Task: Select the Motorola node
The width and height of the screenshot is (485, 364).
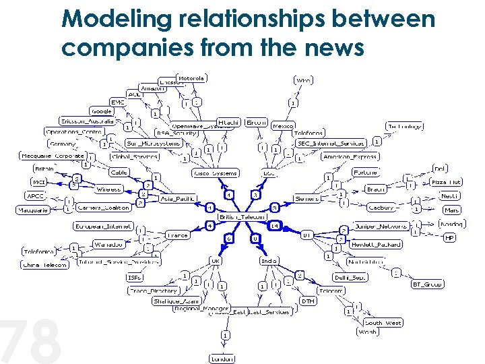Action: coord(191,78)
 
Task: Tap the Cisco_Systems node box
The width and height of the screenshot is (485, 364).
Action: coord(215,173)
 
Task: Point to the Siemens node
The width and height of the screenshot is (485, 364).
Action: coord(306,198)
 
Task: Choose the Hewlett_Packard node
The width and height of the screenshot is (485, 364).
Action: coord(376,244)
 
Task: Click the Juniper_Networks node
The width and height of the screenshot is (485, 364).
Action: coord(381,226)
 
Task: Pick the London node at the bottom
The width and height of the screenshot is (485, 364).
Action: coord(222,359)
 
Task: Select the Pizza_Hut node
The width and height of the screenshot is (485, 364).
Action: coord(446,182)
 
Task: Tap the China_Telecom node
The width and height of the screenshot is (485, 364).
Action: coord(45,265)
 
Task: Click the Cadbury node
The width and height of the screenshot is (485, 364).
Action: coord(381,208)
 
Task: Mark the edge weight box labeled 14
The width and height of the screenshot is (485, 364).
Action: coord(275,226)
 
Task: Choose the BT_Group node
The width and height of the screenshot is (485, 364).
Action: coord(427,284)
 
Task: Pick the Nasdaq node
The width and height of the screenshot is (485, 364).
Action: coord(451,223)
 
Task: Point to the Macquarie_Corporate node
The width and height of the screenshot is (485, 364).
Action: coord(53,156)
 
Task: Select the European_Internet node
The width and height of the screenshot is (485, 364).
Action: coord(104,226)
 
